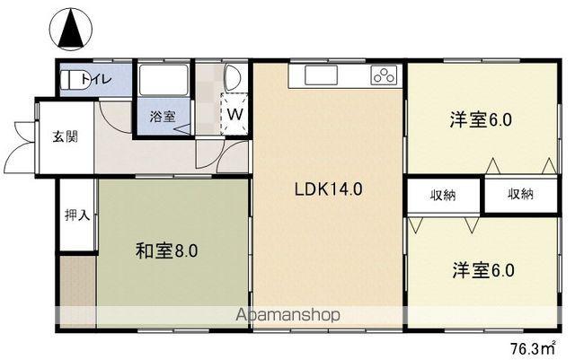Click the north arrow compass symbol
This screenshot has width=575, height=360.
73,29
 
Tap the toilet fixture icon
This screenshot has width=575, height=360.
70,79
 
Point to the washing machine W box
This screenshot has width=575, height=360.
234,114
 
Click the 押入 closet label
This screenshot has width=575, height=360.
76,215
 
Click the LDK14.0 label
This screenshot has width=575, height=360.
328,190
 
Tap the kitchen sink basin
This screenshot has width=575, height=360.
319,75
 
